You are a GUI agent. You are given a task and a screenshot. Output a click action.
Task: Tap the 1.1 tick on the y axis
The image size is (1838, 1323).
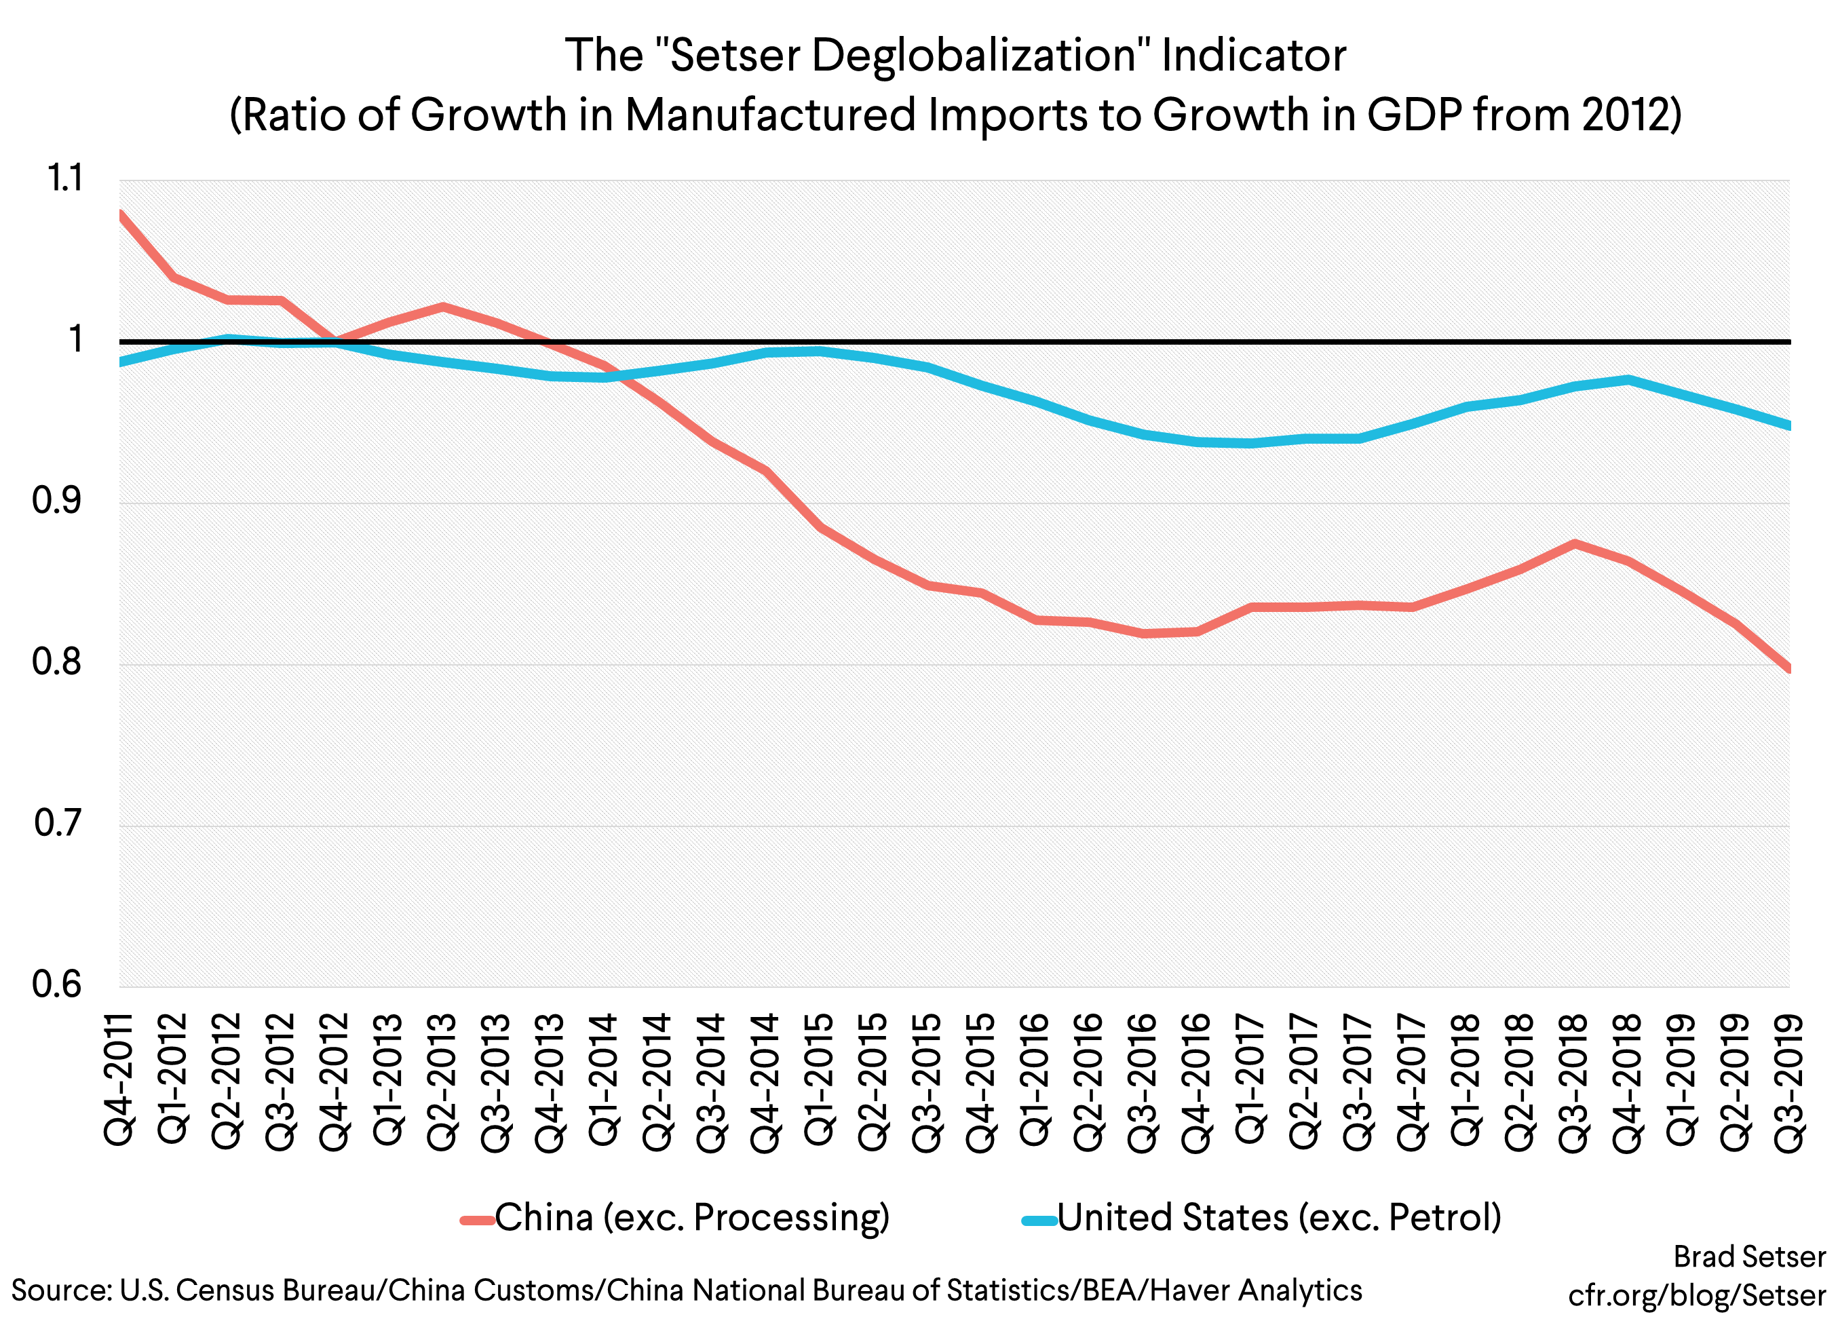point(66,179)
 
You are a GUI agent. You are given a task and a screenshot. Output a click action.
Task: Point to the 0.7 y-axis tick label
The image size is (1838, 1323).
point(58,823)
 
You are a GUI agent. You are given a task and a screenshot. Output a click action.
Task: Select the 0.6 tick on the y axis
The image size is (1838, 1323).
point(58,984)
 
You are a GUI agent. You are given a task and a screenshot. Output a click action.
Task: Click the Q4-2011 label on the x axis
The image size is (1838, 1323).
point(119,1078)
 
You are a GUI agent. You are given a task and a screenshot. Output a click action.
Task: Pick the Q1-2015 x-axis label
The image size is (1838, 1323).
point(820,1078)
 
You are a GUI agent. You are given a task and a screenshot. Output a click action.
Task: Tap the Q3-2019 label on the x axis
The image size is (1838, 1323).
point(1788,1081)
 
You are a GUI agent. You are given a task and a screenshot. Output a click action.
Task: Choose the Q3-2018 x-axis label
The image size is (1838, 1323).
point(1573,1081)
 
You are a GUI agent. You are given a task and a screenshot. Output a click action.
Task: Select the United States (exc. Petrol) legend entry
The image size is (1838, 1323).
point(1278,1218)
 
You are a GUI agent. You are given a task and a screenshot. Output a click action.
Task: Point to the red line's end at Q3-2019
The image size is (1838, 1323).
point(1788,669)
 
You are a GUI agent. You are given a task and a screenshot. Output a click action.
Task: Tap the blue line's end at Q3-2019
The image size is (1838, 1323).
point(1788,425)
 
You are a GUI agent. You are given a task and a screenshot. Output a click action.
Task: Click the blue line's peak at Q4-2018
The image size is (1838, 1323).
point(1627,379)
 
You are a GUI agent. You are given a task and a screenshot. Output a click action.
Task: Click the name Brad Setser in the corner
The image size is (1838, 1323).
point(1749,1257)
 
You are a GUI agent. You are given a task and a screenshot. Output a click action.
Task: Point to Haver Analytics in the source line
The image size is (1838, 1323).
point(1255,1290)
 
